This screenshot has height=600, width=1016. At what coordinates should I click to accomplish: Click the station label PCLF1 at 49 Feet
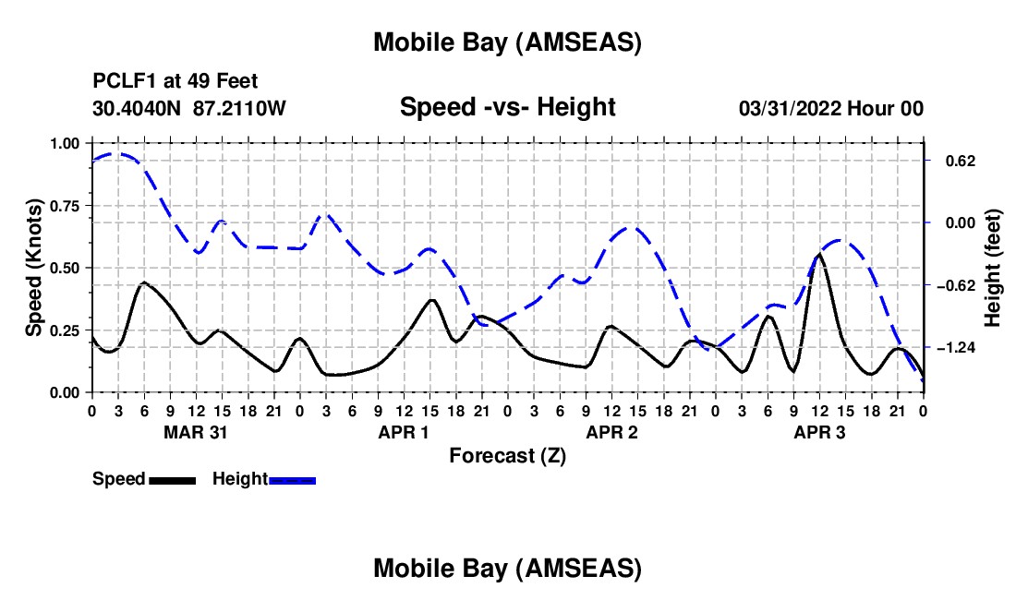pos(175,82)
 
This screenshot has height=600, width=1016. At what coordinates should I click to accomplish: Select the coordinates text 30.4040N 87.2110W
pos(189,108)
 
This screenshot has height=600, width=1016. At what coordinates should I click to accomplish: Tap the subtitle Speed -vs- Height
pos(507,107)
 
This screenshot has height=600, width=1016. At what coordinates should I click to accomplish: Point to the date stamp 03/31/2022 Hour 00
pos(831,108)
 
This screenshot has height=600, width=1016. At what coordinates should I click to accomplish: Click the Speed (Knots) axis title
pos(34,268)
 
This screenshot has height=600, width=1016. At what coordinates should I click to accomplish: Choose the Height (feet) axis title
pos(993,268)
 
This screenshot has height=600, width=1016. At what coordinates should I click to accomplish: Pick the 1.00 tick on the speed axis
pos(65,143)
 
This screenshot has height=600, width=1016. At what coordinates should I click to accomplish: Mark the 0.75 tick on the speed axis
pos(65,206)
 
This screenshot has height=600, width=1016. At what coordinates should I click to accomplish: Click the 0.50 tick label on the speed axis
pos(65,268)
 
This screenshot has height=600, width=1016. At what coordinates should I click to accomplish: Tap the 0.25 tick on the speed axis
pos(65,330)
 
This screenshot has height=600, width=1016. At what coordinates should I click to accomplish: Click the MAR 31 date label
pos(195,431)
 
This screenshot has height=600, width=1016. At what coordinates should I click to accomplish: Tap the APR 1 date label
pos(404,431)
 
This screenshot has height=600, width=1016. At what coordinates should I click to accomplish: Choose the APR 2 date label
pos(611,431)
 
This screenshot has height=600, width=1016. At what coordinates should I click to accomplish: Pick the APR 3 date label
pos(819,431)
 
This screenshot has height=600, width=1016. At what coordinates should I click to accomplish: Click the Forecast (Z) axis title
pos(507,455)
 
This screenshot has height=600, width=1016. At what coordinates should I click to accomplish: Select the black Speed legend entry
pos(143,479)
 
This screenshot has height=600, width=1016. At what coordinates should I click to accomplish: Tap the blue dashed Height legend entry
pos(263,479)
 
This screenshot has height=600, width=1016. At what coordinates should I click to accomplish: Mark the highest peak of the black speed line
pos(819,255)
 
